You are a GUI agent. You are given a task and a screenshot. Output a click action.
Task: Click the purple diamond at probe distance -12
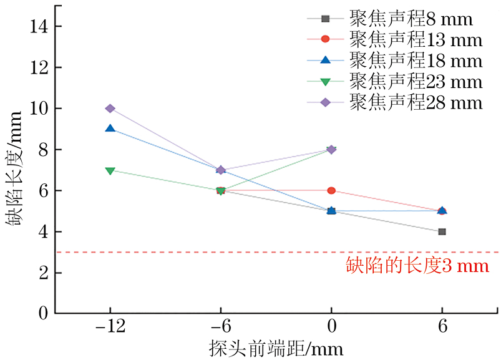pos(110,109)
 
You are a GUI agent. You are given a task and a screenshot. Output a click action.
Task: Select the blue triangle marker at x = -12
pos(110,129)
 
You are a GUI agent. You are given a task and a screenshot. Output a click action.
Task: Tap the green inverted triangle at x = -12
pos(110,170)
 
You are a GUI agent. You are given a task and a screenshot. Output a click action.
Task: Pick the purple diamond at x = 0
pos(331,150)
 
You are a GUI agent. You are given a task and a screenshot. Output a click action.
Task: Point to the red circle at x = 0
pos(331,191)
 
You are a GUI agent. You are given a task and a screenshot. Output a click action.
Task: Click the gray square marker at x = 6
pos(442,231)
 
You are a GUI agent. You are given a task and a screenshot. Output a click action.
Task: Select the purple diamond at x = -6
pos(221,170)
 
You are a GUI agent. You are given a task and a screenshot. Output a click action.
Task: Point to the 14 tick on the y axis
pos(37,26)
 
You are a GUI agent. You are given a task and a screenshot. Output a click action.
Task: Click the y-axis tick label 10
pos(37,109)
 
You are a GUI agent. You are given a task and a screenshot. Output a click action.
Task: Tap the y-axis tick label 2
pos(42,273)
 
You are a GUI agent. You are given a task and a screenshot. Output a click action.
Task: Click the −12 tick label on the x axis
pos(110,328)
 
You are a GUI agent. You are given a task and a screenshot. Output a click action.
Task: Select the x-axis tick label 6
pos(442,328)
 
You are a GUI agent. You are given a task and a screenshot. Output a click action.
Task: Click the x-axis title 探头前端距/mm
pos(276,348)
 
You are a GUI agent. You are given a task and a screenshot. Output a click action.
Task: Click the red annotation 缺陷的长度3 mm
pos(417,268)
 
